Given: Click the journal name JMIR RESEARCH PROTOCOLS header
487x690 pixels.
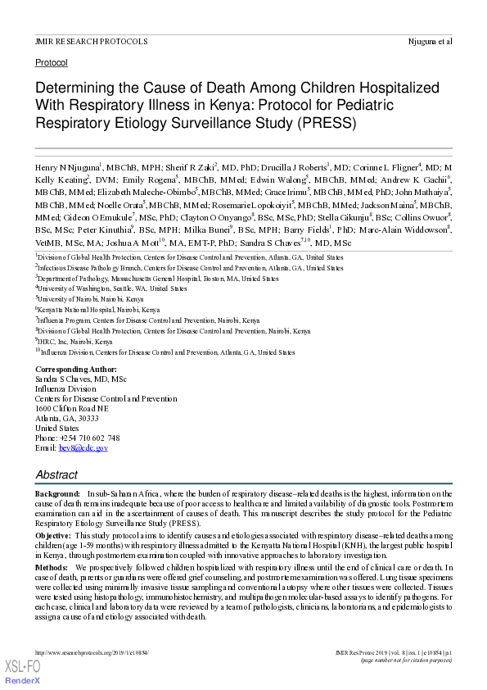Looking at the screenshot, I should tap(91, 41).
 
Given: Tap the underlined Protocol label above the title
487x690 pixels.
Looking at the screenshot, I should tap(52, 62).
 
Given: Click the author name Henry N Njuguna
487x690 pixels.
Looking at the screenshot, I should tap(66, 167).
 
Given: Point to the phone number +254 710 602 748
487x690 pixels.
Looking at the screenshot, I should tap(90, 438).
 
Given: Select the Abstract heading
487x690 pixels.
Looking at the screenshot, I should tap(56, 474).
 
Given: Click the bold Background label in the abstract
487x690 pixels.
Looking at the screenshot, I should tap(57, 494).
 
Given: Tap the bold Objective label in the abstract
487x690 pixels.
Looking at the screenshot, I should tap(52, 534).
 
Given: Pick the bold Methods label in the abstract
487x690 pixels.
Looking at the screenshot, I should tap(51, 567).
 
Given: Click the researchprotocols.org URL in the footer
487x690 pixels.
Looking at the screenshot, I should tap(92, 652).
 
